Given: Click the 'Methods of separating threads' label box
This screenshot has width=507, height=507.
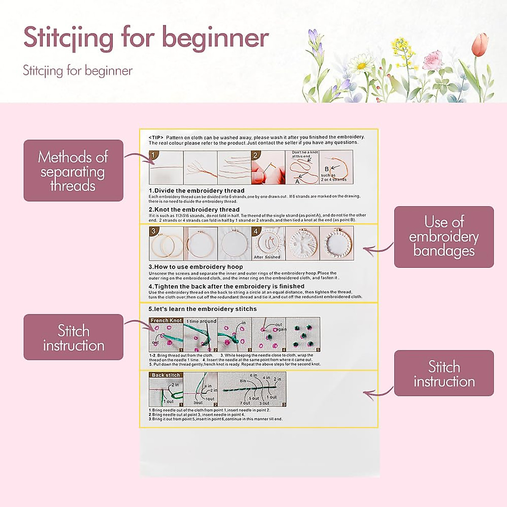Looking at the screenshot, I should coord(73,171).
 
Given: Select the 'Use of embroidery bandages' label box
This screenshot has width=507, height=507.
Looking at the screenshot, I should coord(444,237).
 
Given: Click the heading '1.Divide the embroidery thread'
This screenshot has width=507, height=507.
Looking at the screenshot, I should coord(196,191).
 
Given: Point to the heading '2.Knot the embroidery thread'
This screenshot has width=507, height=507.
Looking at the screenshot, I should coord(194,210).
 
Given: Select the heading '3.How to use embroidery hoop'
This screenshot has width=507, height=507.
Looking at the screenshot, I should coord(196,267).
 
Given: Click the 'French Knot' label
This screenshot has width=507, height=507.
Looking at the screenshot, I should coord(166,321).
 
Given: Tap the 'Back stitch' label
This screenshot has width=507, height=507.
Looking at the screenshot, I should coord(166,375).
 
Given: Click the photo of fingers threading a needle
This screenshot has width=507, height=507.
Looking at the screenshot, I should coord(268,168).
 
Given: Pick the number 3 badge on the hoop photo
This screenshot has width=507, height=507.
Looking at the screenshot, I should coord(153,231).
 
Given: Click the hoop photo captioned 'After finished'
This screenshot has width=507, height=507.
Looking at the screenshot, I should coord(268,243).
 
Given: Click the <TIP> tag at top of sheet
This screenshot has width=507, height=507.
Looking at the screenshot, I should coord(156,137).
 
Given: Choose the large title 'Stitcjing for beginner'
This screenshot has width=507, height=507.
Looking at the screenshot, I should coord(146,37).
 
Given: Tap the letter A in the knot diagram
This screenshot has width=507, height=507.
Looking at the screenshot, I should coord(297,181).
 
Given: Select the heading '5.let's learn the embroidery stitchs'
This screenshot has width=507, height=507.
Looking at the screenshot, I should coord(202,309).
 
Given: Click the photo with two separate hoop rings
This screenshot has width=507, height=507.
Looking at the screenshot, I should coord(166,244).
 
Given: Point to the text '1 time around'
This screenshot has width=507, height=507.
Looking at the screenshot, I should coord(201,321).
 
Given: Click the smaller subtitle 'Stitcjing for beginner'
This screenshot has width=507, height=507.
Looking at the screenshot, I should coord(78,71).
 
